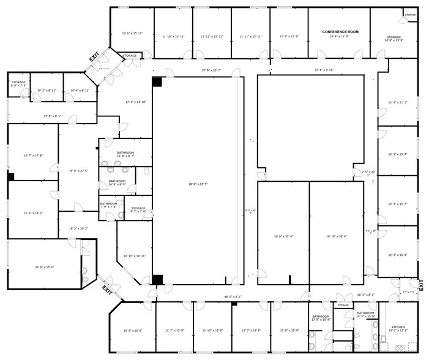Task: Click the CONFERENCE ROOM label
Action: pyautogui.click(x=340, y=32)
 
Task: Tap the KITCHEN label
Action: pyautogui.click(x=398, y=329)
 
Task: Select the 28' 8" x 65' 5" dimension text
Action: pyautogui.click(x=198, y=184)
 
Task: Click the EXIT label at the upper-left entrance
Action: pyautogui.click(x=94, y=58)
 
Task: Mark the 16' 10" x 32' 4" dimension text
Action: pyautogui.click(x=337, y=236)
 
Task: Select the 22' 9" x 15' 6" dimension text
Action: pyautogui.click(x=44, y=267)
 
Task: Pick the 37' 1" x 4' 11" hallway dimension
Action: pyautogui.click(x=324, y=70)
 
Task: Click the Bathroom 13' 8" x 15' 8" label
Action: pyautogui.click(x=321, y=318)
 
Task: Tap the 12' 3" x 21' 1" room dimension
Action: pyautogui.click(x=397, y=102)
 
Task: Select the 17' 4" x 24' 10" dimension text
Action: pyautogui.click(x=136, y=102)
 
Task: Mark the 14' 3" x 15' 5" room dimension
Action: pyautogui.click(x=132, y=331)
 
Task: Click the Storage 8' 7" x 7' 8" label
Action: pyautogui.click(x=138, y=210)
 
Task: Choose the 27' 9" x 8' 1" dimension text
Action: pyautogui.click(x=52, y=116)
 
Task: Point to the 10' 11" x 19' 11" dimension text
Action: pyautogui.click(x=134, y=256)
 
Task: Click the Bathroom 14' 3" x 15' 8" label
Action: pyautogui.click(x=365, y=314)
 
